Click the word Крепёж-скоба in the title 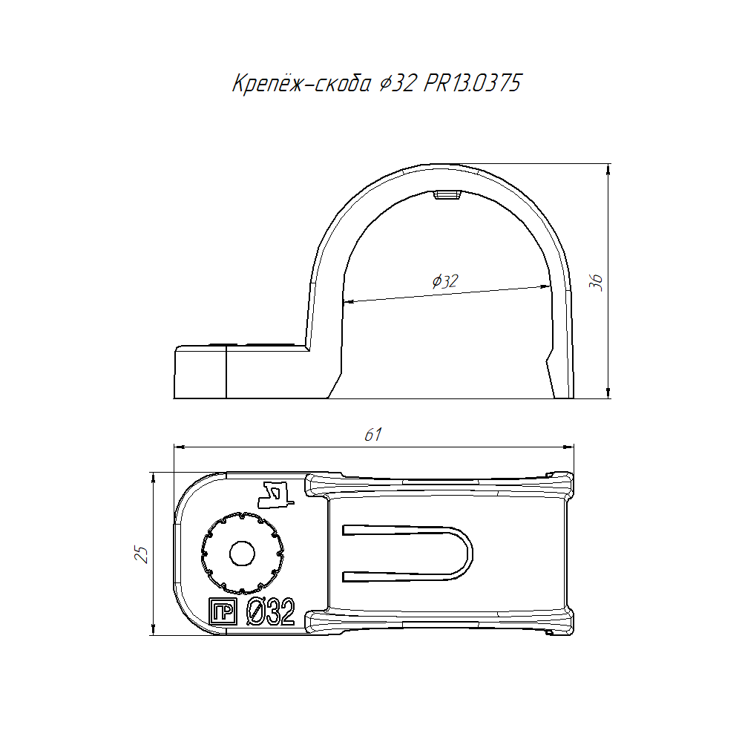tap(301, 84)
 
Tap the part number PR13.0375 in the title tap(472, 83)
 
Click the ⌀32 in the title tap(398, 83)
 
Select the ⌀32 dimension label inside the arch tap(445, 281)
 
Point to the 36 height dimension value tap(597, 282)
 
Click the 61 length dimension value tap(373, 434)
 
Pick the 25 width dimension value tap(142, 554)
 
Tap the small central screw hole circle tap(242, 554)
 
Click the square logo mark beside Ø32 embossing tap(223, 611)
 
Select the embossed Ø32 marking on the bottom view tap(271, 611)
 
